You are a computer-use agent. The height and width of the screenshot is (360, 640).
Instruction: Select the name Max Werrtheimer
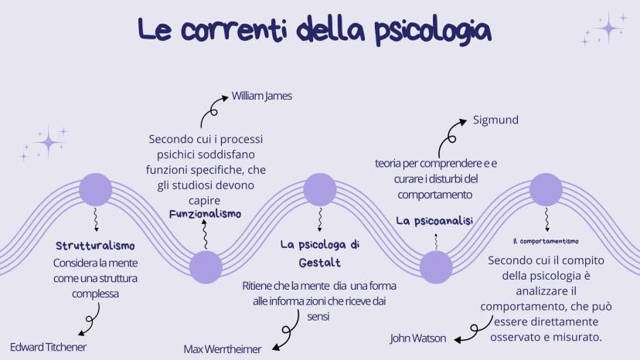(x=223, y=349)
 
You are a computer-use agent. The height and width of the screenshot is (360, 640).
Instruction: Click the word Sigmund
(x=495, y=121)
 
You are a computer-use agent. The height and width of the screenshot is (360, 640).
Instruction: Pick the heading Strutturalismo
(x=96, y=246)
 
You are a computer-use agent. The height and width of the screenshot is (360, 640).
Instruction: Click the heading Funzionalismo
(x=205, y=213)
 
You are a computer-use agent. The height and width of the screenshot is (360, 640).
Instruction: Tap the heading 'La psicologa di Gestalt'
(x=320, y=253)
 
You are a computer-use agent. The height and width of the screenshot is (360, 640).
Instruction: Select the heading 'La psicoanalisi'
(x=434, y=221)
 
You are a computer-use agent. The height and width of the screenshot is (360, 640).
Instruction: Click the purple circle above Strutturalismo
(x=96, y=189)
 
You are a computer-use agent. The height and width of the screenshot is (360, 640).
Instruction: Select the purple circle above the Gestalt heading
(x=320, y=189)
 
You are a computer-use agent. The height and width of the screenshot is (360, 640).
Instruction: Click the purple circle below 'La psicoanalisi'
(x=435, y=267)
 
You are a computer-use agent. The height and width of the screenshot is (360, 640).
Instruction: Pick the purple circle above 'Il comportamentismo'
(x=546, y=189)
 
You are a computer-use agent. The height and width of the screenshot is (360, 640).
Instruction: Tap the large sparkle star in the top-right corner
(x=609, y=29)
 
